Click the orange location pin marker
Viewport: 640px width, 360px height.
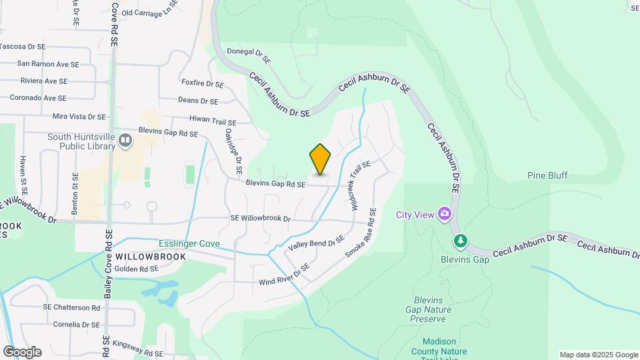(320, 159)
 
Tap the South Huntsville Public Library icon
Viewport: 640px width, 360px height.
(125, 140)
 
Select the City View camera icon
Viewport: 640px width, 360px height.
(444, 214)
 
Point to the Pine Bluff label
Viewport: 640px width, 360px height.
(547, 176)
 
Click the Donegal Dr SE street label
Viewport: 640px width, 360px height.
(249, 55)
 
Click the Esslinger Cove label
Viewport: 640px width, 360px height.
(189, 243)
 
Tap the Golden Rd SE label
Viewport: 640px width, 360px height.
(136, 269)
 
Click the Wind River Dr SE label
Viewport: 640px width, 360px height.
(285, 276)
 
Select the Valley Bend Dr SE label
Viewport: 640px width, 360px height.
(316, 243)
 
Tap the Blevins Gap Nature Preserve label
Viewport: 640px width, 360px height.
(428, 309)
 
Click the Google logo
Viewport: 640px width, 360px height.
(22, 352)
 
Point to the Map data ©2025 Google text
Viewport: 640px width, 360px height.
(599, 355)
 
